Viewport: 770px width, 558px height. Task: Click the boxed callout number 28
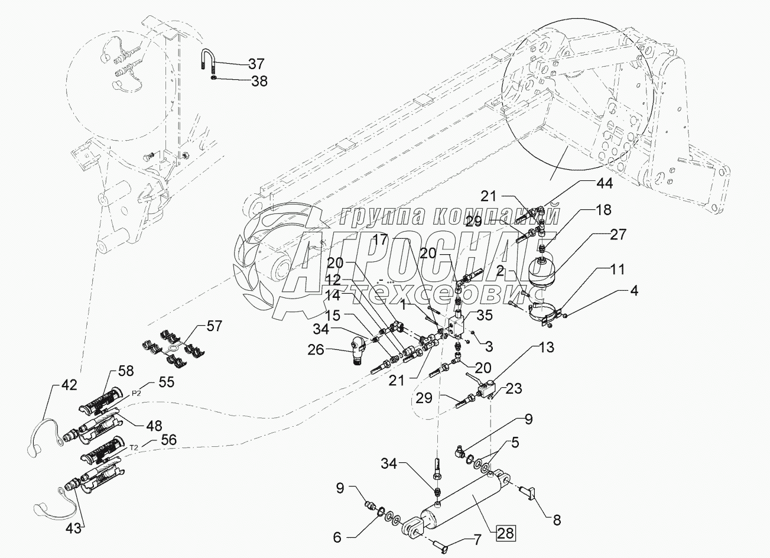tap(506, 533)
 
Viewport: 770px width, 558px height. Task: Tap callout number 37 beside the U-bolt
tap(256, 64)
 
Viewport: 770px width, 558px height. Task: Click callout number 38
tap(259, 82)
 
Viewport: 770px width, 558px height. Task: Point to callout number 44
tap(605, 183)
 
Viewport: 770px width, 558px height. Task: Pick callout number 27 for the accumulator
tap(618, 235)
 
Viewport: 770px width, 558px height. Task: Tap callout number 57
tap(214, 326)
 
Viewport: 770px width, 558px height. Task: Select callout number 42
tap(69, 385)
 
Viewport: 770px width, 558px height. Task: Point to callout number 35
tap(485, 315)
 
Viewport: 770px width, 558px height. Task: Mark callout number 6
tap(337, 537)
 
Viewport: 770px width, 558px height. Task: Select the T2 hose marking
tap(134, 447)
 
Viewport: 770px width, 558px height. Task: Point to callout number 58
tap(125, 371)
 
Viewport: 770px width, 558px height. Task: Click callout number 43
tap(73, 528)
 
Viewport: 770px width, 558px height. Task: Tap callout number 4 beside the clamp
tap(634, 290)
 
